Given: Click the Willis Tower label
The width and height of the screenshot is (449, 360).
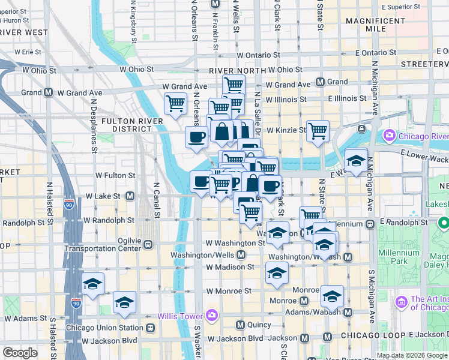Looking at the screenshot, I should [x=180, y=316].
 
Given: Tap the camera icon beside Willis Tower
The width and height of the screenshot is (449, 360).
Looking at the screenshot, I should [x=211, y=316].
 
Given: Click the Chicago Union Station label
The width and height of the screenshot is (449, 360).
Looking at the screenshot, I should [x=104, y=328].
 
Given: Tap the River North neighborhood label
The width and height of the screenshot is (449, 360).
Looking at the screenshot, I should [x=237, y=71].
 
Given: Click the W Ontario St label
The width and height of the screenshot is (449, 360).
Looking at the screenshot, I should [x=259, y=55].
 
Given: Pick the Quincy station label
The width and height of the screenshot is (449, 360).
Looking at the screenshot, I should [x=258, y=325].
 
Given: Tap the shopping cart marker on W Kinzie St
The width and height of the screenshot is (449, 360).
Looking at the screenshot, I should [x=318, y=130].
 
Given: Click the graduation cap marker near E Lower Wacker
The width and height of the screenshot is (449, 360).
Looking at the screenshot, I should [x=357, y=161].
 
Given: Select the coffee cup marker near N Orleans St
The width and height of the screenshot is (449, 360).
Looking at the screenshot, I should [x=196, y=137].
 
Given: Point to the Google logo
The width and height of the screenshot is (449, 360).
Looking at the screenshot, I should [x=20, y=353].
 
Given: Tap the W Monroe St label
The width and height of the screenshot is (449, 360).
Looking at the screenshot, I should [x=229, y=291].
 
